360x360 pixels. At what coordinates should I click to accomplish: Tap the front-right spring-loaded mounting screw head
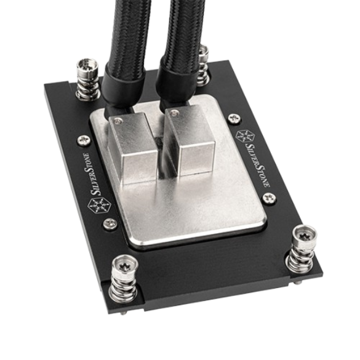[305, 236]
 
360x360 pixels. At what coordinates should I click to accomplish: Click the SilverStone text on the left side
[92, 174]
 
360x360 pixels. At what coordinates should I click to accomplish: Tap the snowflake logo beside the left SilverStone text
[100, 206]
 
